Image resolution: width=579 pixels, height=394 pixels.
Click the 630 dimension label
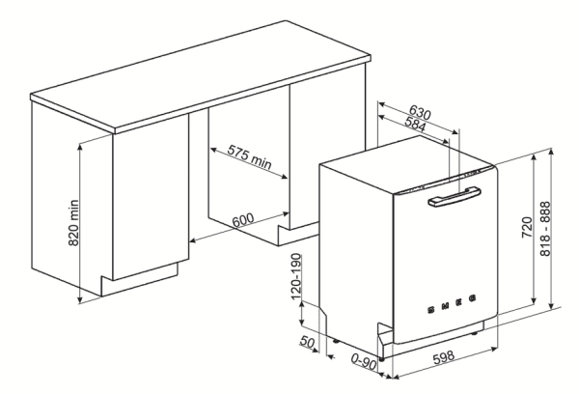tap(420, 112)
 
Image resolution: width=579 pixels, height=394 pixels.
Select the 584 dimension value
tap(415, 124)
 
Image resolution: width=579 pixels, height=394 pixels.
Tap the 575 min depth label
tap(249, 157)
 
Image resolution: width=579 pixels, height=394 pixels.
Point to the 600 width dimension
tap(243, 220)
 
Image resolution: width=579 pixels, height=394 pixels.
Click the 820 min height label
tap(74, 223)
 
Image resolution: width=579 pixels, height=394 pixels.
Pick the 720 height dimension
tap(527, 227)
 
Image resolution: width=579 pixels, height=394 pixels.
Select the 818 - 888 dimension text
tap(545, 229)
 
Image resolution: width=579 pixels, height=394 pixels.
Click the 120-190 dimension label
tap(296, 277)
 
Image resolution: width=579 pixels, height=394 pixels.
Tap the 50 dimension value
tap(307, 342)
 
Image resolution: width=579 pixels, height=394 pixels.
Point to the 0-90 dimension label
tap(364, 362)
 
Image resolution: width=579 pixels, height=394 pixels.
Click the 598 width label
tap(444, 357)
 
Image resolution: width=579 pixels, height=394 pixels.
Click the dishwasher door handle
tap(455, 196)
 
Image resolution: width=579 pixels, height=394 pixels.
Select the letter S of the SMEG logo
tap(431, 309)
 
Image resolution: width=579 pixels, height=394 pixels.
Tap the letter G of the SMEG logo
tap(472, 297)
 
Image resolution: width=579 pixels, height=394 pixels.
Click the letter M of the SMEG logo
tap(445, 305)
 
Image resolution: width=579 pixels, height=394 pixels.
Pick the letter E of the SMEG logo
tap(459, 301)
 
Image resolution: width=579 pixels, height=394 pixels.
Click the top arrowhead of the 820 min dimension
tap(79, 147)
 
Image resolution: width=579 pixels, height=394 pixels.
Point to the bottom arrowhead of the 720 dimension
tap(534, 301)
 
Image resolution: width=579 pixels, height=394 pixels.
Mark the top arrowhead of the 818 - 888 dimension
tap(551, 153)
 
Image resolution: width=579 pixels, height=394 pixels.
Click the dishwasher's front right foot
tap(474, 333)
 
